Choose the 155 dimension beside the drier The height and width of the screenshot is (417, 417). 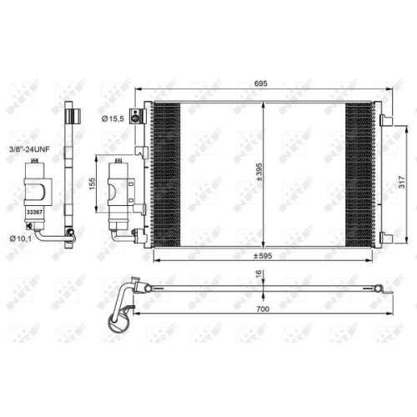[x=93, y=184]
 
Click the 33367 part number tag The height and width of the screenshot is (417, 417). [x=35, y=213]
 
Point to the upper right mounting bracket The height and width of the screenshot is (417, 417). [x=389, y=119]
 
